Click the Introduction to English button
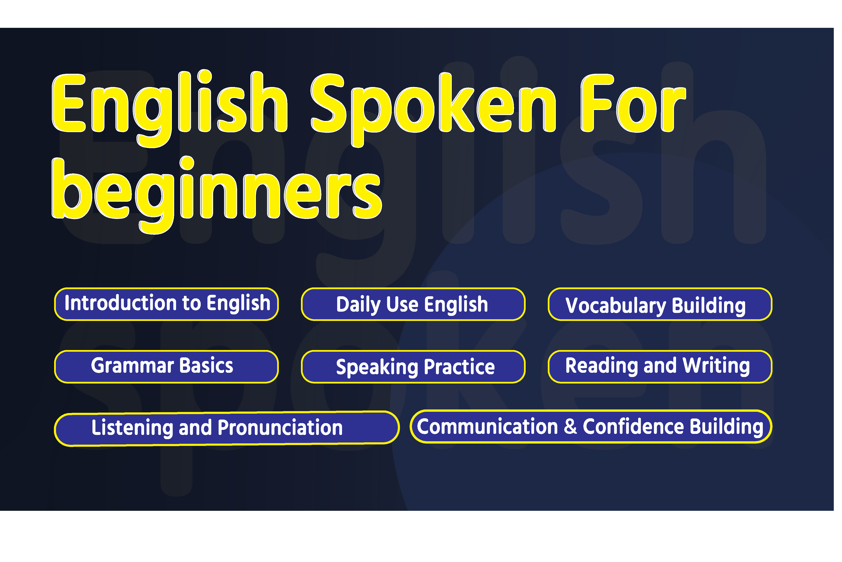[167, 304]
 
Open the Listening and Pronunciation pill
[227, 428]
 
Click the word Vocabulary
[616, 306]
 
